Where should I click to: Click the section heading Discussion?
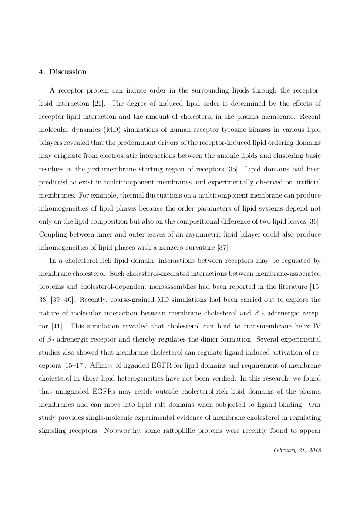pyautogui.click(x=67, y=72)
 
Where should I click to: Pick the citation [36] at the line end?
pyautogui.click(x=315, y=222)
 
